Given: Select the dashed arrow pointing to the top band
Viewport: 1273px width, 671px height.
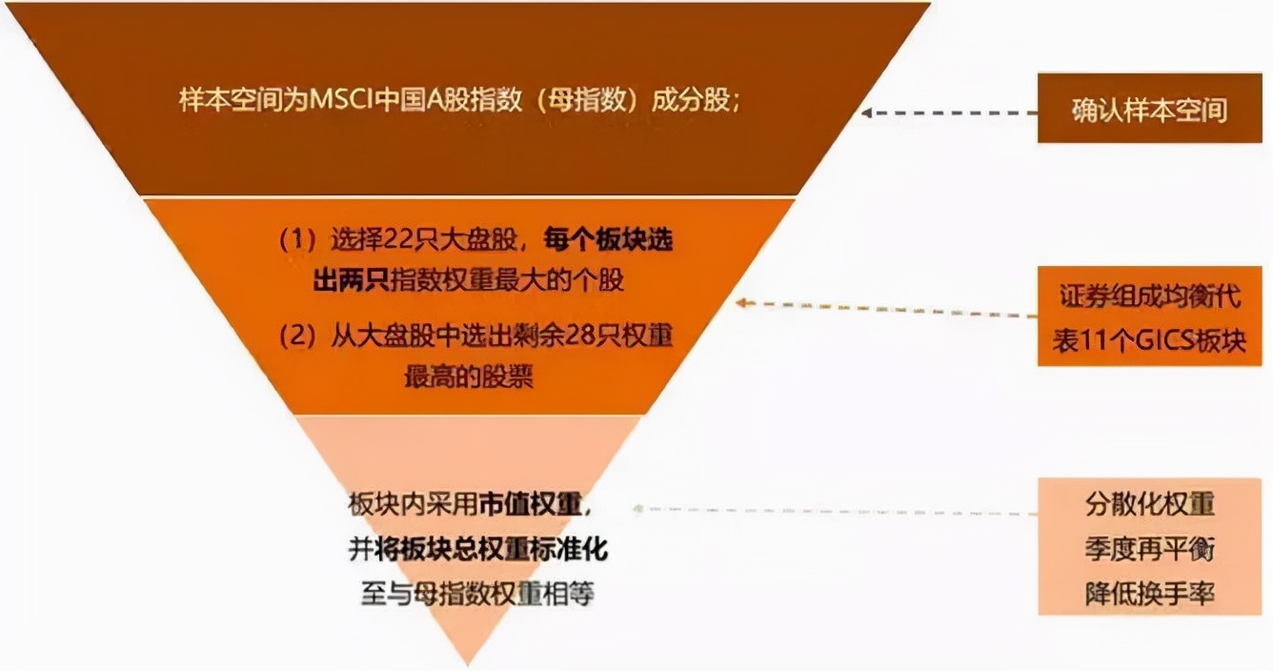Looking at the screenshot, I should click(x=948, y=112).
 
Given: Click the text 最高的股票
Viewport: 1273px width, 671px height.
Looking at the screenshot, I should click(x=468, y=376).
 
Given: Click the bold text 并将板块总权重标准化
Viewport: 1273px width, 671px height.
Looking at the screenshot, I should click(x=476, y=550).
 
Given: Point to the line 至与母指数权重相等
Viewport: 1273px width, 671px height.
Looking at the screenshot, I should click(x=476, y=594).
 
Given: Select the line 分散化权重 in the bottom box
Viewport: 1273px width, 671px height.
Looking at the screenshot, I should click(x=1149, y=504).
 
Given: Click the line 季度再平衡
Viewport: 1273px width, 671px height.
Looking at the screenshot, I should click(x=1149, y=549).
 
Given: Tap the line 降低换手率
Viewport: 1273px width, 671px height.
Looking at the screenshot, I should click(x=1149, y=594).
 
